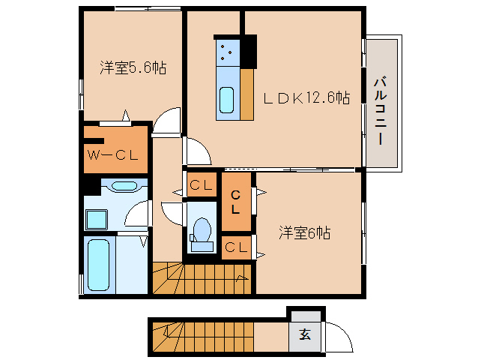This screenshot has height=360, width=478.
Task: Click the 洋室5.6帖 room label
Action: click(133, 67)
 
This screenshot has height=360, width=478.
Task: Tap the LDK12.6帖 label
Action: click(306, 98)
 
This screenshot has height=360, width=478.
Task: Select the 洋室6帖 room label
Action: click(304, 233)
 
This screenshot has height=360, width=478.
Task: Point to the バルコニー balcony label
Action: click(381, 111)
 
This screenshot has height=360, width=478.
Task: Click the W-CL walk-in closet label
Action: click(113, 155)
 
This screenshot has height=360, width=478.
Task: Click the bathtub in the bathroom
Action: click(98, 265)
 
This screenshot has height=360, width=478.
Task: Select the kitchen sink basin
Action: click(226, 100)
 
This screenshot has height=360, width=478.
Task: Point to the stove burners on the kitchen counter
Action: click(226, 52)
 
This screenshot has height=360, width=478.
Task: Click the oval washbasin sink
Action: click(124, 186)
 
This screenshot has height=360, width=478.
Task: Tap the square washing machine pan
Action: click(97, 220)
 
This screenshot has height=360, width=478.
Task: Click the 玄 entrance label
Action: click(305, 334)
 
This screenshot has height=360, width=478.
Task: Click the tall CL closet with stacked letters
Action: click(235, 202)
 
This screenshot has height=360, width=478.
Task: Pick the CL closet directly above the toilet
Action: click(202, 185)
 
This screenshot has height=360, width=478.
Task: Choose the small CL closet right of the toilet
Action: click(236, 247)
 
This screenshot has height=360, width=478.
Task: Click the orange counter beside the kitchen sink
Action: click(247, 94)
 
